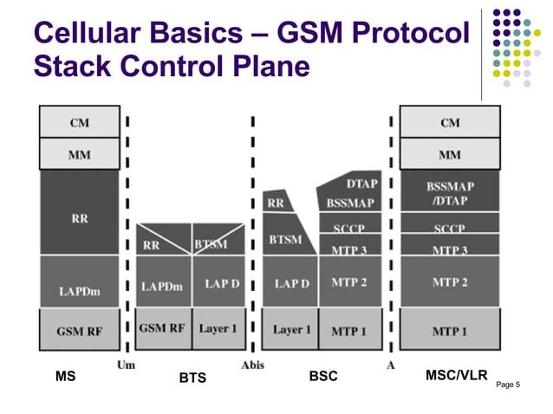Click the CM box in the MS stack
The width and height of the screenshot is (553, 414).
click(79, 122)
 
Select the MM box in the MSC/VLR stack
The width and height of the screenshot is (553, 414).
click(449, 155)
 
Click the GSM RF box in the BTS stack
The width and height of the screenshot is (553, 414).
click(163, 328)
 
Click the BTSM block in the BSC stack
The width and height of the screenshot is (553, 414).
click(285, 238)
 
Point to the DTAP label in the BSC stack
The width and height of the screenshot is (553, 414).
click(361, 184)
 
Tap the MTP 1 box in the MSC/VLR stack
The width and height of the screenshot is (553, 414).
click(449, 330)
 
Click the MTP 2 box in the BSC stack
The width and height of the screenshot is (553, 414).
click(349, 282)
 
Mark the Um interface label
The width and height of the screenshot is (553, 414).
click(126, 365)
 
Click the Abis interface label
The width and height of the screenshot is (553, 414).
click(253, 365)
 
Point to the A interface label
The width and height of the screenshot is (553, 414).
click(391, 365)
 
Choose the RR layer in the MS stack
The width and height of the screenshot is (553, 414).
click(79, 217)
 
